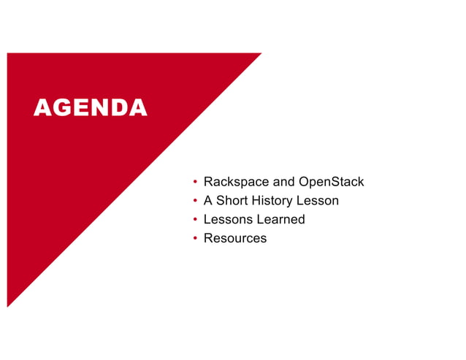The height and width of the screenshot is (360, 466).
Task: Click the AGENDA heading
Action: (90, 108)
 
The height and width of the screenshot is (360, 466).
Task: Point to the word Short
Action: (232, 201)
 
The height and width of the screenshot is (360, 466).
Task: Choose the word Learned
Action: (280, 220)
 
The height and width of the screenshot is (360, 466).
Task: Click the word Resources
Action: (235, 239)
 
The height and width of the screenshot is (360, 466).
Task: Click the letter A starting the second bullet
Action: (208, 201)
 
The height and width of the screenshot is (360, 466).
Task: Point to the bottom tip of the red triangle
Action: (8, 306)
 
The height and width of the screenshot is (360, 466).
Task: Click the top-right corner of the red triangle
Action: (260, 54)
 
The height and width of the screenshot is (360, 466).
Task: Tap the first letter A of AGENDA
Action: (42, 108)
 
